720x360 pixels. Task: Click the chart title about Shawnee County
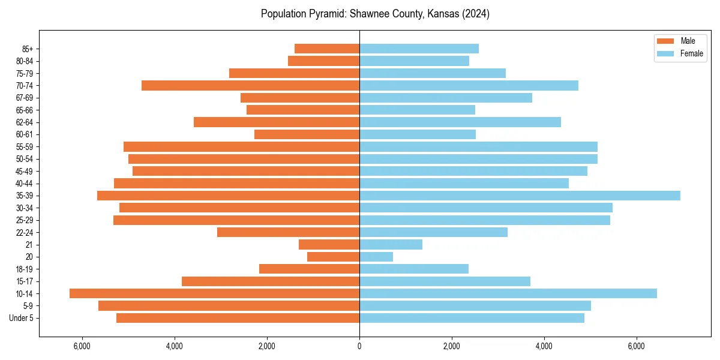(x=375, y=14)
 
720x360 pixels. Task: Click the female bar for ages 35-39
(x=520, y=196)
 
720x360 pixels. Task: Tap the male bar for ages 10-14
(x=214, y=293)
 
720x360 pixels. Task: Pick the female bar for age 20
(x=376, y=257)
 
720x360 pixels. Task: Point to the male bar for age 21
(x=329, y=244)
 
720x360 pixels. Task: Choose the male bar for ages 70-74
(x=250, y=85)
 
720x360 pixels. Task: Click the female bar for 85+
(x=419, y=49)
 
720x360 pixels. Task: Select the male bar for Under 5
(x=238, y=318)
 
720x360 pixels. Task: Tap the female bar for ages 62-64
(x=460, y=122)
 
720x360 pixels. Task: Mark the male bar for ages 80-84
(x=323, y=61)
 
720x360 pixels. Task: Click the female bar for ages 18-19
(x=414, y=269)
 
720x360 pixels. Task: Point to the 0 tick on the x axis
(x=359, y=346)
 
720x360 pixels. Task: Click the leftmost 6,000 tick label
(x=82, y=346)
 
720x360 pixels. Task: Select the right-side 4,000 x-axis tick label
(x=544, y=346)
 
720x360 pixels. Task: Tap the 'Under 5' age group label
(x=21, y=318)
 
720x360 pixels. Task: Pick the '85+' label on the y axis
(x=27, y=49)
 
